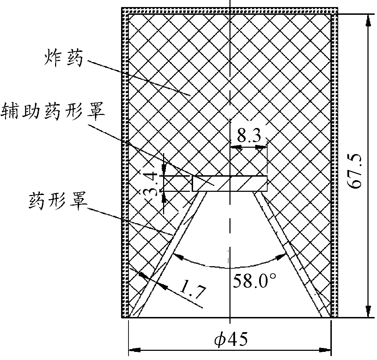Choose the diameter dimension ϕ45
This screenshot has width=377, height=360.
(230, 339)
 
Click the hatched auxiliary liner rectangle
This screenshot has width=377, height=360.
(229, 183)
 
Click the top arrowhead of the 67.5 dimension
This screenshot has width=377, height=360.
(368, 19)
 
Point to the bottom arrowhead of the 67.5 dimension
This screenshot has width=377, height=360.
(368, 312)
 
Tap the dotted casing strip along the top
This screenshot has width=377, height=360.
(229, 11)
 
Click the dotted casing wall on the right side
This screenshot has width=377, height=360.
(334, 166)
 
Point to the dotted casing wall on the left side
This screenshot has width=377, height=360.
(125, 166)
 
